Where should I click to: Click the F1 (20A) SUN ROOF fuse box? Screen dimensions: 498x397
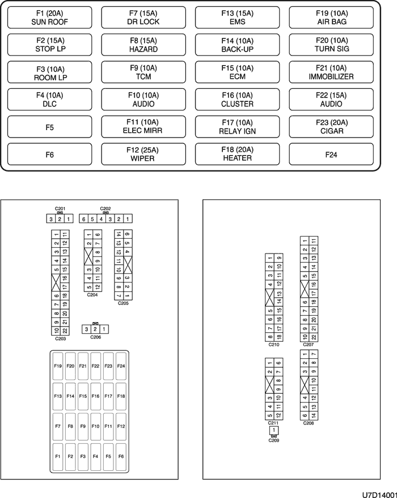point(50,18)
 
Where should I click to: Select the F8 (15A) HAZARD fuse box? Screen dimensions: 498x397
point(143,45)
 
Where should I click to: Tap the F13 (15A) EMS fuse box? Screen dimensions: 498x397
point(237,18)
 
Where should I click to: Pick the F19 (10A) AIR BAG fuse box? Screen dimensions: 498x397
point(331,18)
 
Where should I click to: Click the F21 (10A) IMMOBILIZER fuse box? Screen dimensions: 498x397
point(331,72)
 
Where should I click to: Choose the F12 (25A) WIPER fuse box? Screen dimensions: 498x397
point(143,154)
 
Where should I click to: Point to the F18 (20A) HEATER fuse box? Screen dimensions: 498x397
point(237,154)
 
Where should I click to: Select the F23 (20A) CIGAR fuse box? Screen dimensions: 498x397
point(331,127)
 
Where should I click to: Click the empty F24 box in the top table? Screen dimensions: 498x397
point(331,154)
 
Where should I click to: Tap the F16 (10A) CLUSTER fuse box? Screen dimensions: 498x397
point(237,100)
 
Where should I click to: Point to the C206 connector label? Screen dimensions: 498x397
point(95,337)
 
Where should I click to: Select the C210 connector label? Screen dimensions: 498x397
point(274,344)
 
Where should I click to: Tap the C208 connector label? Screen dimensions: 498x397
point(309,423)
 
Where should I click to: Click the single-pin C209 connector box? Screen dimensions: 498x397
point(274,430)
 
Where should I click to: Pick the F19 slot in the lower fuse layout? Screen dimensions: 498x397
point(58,366)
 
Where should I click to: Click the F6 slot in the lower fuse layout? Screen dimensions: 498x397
point(121,456)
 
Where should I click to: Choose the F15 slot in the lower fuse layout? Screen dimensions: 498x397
point(83,396)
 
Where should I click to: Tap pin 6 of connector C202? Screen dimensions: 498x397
point(83,218)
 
